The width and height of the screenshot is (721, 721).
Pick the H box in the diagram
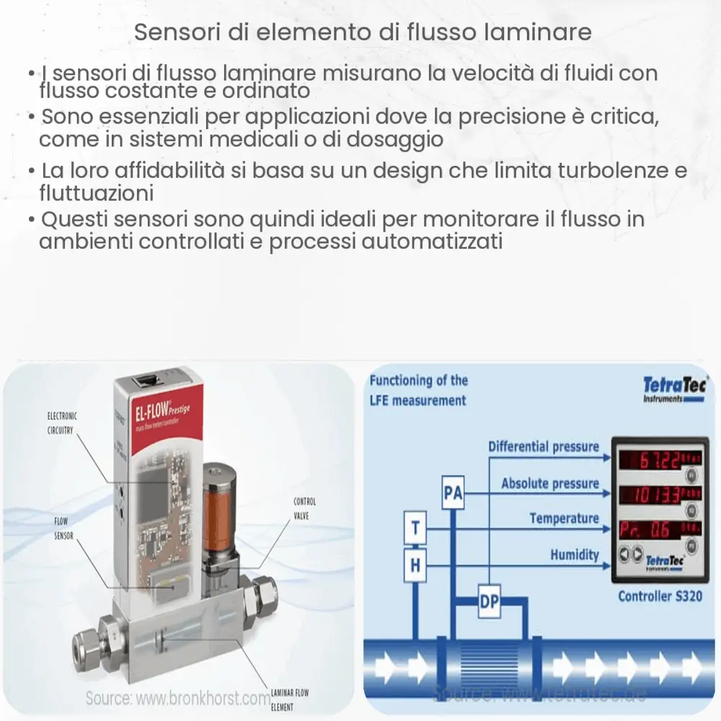tap(415, 565)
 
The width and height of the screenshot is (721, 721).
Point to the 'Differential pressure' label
tap(544, 446)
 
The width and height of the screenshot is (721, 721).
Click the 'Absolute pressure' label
tap(550, 483)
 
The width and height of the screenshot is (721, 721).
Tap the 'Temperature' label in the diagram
tap(564, 518)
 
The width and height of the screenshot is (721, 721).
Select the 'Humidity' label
tap(575, 554)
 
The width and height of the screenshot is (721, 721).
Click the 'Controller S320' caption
tap(660, 596)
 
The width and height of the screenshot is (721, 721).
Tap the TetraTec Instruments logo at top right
tap(674, 389)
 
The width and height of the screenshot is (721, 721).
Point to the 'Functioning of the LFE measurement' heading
tap(418, 390)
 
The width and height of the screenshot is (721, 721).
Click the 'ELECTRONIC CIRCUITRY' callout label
tap(62, 423)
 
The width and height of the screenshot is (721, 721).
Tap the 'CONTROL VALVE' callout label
tap(304, 508)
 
